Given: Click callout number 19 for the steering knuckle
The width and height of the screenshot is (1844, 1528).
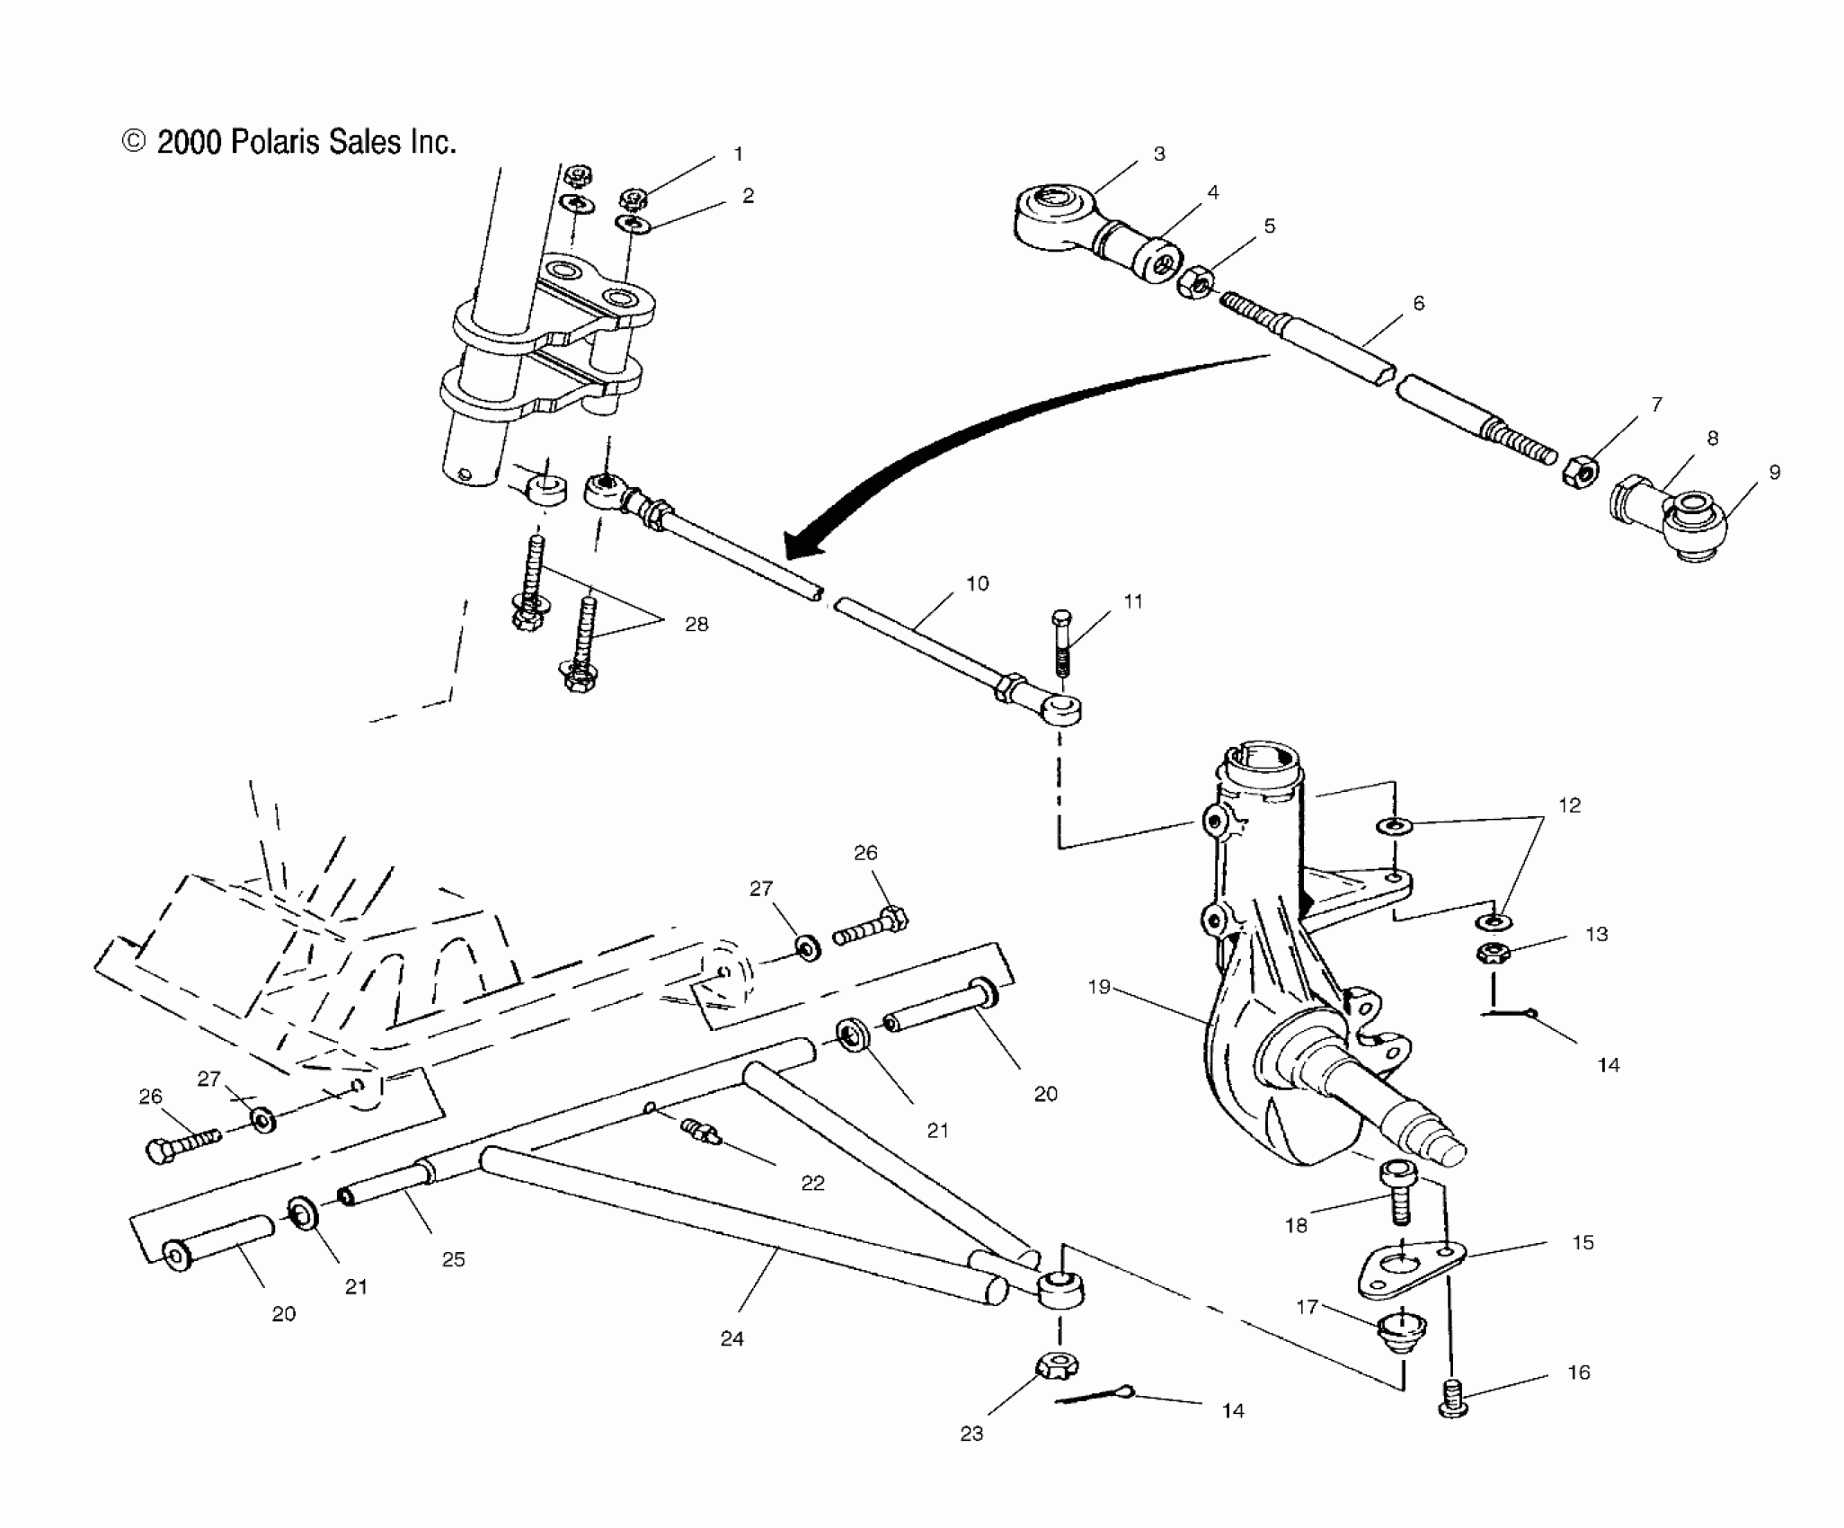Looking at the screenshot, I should (x=1099, y=987).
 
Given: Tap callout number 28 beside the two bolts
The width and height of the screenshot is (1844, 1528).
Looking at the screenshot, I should (x=696, y=624).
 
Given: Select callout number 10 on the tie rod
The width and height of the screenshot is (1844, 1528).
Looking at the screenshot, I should (x=977, y=583).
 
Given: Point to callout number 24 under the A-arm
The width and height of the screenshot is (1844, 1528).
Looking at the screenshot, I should (x=731, y=1364).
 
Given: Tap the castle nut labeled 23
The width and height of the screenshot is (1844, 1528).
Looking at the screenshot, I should (x=1058, y=1368).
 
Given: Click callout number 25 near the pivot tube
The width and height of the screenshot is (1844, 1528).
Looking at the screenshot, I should (x=453, y=1259).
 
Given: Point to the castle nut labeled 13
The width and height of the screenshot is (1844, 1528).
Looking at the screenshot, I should (x=1493, y=954).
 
